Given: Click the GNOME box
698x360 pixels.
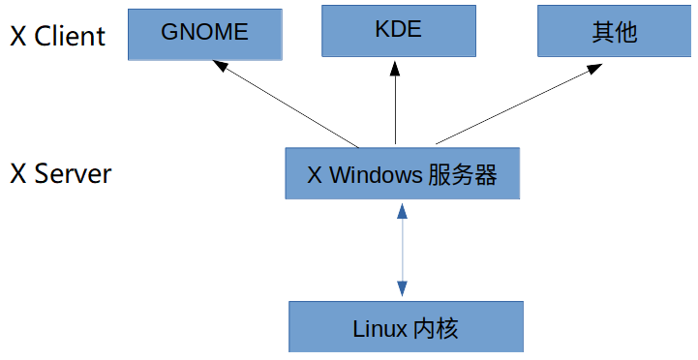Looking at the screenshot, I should [204, 32].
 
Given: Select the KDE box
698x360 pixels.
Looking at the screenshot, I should [397, 30].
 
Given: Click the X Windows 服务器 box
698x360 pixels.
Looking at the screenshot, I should [402, 174].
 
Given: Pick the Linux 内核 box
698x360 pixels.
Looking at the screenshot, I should [406, 327].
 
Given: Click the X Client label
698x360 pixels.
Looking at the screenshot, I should [57, 36].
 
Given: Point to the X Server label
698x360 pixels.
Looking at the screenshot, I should [60, 174].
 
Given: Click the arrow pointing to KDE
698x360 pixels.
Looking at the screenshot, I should [395, 102].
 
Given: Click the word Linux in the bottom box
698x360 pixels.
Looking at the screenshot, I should [380, 328].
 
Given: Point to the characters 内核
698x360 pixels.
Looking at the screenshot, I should [436, 328].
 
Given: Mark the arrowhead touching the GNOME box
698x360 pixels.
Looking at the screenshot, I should [221, 67].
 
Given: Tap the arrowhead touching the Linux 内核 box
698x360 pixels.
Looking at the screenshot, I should [402, 289].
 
